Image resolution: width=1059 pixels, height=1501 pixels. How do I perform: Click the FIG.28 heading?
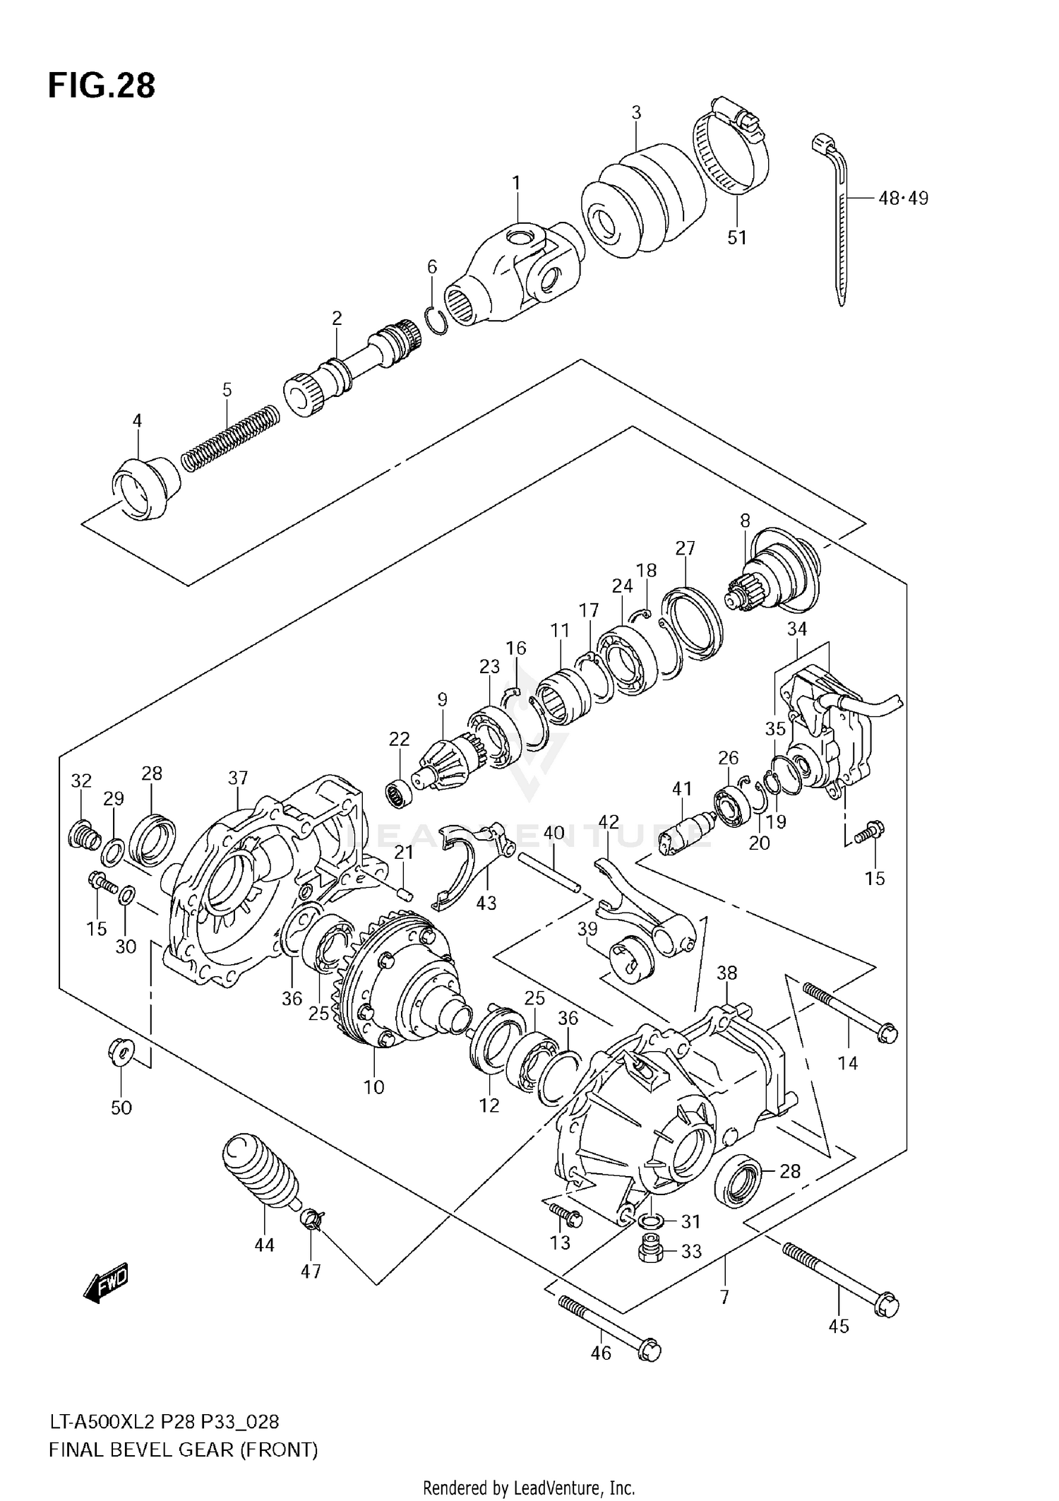point(102,85)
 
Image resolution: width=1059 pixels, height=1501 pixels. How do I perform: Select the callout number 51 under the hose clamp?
point(736,237)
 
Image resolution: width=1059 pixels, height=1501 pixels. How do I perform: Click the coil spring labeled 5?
point(230,438)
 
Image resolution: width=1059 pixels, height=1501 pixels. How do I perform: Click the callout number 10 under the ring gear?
point(373,1086)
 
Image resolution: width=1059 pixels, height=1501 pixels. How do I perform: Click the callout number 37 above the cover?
point(238,778)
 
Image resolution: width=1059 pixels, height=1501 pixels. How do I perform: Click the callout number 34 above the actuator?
point(796,628)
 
